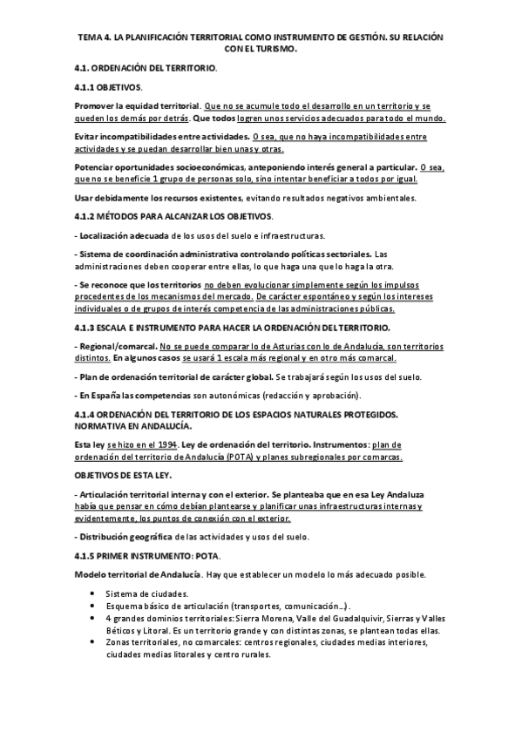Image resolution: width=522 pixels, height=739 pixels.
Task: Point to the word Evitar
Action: [88, 137]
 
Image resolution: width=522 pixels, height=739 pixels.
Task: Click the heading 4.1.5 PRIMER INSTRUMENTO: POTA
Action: [148, 555]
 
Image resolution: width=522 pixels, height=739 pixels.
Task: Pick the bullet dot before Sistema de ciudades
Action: [93, 593]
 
